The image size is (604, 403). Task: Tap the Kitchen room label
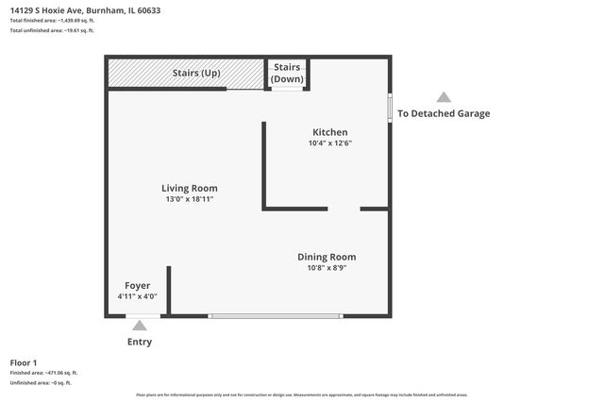click(329, 132)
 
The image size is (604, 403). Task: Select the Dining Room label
click(327, 257)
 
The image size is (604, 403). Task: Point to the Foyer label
click(138, 285)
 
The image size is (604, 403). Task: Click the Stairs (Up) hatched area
click(184, 74)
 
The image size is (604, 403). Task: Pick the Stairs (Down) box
click(286, 73)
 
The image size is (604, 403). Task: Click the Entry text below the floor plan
click(140, 342)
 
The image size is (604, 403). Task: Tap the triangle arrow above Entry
click(140, 326)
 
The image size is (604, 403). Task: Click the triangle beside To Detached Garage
click(444, 97)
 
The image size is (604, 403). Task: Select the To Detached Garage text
click(444, 113)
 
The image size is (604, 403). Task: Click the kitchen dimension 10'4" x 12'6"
click(329, 143)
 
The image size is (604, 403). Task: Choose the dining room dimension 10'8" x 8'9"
click(327, 268)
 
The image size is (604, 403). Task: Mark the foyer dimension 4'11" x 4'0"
click(137, 296)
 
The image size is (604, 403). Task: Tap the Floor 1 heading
click(24, 362)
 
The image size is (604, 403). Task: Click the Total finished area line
click(53, 21)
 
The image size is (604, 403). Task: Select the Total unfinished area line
click(52, 30)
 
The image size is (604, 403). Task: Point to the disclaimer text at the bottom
click(302, 395)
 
